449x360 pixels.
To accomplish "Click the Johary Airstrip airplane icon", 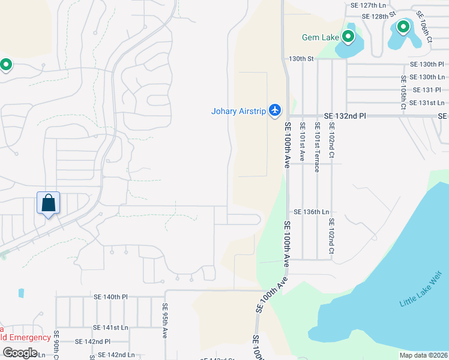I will click(x=276, y=110).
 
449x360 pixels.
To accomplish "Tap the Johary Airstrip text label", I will click(x=239, y=110).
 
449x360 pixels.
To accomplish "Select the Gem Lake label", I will click(x=320, y=37).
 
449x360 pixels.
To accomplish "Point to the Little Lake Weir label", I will click(x=420, y=289).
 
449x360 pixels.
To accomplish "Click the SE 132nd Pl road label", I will click(x=345, y=115).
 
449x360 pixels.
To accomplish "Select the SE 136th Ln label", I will click(x=312, y=212).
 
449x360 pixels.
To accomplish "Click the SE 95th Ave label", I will click(x=165, y=321).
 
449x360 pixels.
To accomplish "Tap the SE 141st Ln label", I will click(x=110, y=328).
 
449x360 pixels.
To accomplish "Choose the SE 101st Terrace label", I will click(x=316, y=147).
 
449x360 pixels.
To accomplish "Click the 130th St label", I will click(x=301, y=59).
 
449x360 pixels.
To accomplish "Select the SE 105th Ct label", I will click(x=403, y=93).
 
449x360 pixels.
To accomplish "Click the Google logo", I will click(x=20, y=353).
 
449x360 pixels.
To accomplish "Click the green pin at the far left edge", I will click(x=6, y=64).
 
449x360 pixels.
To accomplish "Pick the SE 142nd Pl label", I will click(x=92, y=341).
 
